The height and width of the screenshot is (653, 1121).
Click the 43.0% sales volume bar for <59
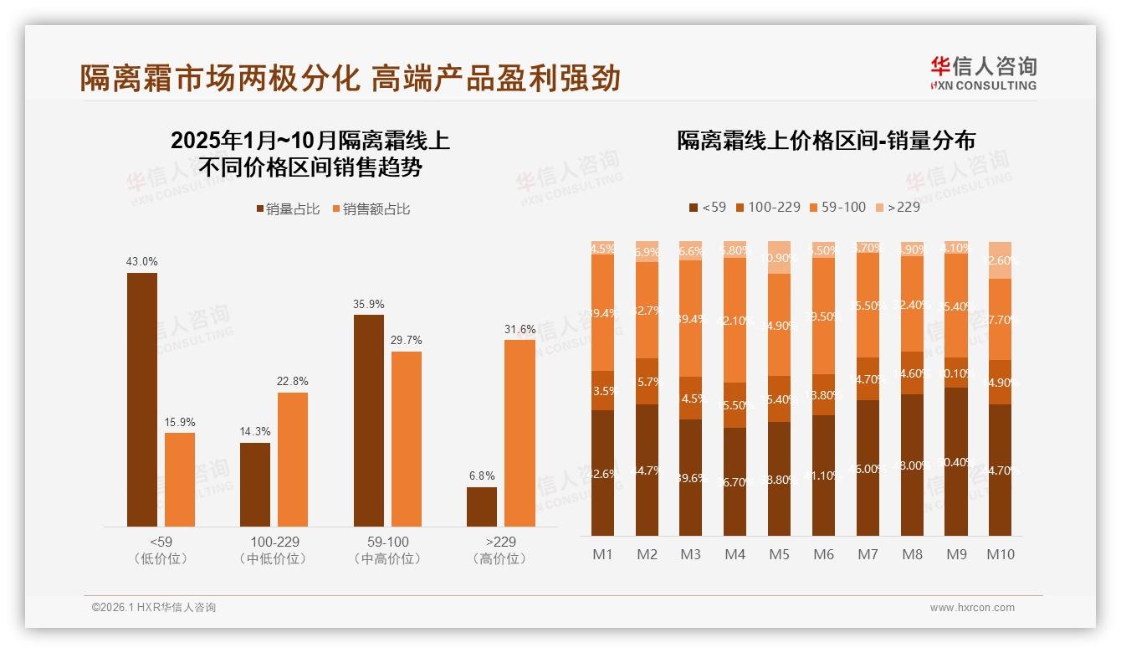[x=141, y=399]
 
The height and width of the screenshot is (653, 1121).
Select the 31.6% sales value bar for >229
[x=520, y=433]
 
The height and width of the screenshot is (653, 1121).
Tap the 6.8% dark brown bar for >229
[x=482, y=506]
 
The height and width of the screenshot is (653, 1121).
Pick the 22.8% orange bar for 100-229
[x=293, y=459]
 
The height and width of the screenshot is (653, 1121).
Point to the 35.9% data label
[x=368, y=304]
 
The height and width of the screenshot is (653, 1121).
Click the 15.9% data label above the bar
[x=180, y=422]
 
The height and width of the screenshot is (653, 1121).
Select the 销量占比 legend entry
[x=288, y=209]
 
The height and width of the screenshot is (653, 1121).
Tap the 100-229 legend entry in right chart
[x=767, y=207]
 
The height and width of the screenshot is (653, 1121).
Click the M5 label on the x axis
[x=779, y=554]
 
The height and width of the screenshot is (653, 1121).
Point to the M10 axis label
[x=1000, y=554]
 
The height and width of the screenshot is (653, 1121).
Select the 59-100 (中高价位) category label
[x=387, y=550]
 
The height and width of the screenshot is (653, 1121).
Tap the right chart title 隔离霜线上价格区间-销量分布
[x=826, y=141]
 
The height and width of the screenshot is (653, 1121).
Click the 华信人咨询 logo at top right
[x=983, y=73]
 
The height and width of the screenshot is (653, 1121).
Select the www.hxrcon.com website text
[x=972, y=608]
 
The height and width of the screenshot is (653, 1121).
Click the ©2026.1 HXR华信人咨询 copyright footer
[x=154, y=608]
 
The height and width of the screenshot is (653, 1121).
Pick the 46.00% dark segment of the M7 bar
[x=868, y=468]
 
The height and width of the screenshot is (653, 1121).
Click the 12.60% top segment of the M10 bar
[x=1000, y=260]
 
